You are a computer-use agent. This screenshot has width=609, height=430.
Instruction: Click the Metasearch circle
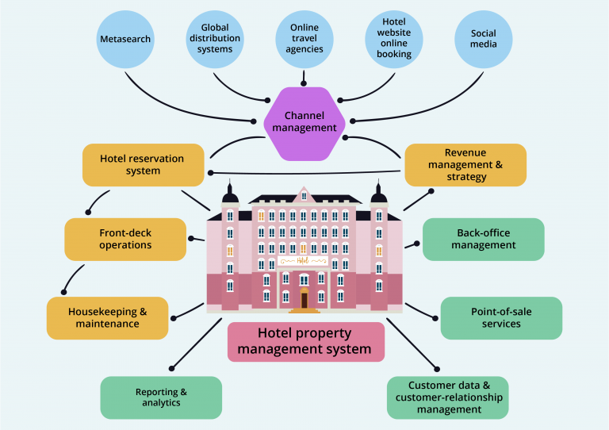(x=125, y=39)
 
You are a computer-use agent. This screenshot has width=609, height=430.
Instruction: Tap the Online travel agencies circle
(x=305, y=39)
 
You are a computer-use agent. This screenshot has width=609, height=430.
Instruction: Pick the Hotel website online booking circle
(x=394, y=39)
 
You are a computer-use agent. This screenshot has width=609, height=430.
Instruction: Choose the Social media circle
(x=484, y=39)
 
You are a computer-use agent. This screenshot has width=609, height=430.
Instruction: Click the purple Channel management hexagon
(x=304, y=124)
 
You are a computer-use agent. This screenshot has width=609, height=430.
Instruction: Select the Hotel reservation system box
(x=143, y=164)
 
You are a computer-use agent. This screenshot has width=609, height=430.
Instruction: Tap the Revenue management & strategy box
(x=465, y=164)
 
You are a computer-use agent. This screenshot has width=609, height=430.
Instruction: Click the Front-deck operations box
(x=125, y=239)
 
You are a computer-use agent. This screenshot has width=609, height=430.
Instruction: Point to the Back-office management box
(x=484, y=239)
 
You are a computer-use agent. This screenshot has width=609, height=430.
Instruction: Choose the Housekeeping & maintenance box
(x=108, y=317)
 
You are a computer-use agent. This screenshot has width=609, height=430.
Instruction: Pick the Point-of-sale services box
(x=501, y=317)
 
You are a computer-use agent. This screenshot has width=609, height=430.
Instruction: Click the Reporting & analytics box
(x=161, y=397)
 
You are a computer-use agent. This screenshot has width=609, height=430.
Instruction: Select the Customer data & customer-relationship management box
(x=448, y=397)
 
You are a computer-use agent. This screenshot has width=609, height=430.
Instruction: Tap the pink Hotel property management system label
(x=305, y=342)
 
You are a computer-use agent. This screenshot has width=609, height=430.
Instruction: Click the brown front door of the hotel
(x=304, y=300)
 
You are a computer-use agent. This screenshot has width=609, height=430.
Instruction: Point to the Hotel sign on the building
(x=304, y=260)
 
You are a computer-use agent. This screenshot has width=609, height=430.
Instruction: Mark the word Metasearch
(x=125, y=39)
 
